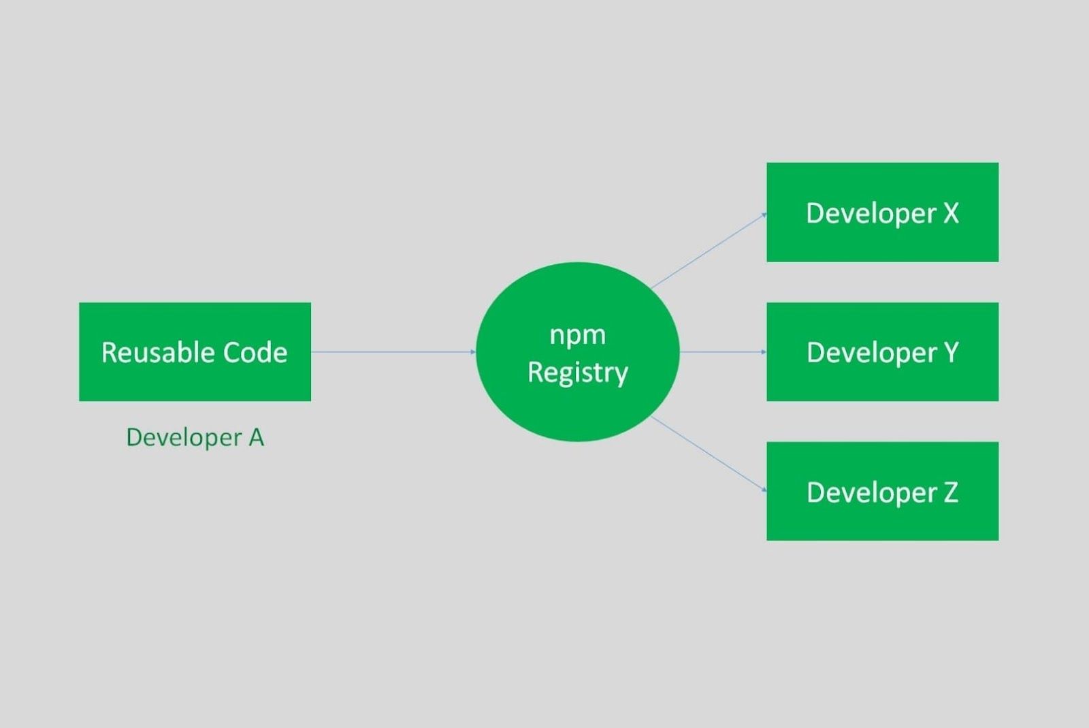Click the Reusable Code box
click(195, 351)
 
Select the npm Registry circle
click(578, 351)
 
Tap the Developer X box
click(882, 212)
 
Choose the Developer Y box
click(882, 351)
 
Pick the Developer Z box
click(882, 491)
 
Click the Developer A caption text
click(195, 437)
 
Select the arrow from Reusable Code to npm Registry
click(393, 351)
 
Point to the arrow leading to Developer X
click(709, 251)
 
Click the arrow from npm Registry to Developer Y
click(723, 351)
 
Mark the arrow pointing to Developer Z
click(709, 454)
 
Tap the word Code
click(255, 352)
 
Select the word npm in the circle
click(578, 336)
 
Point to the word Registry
click(578, 373)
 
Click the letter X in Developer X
click(951, 213)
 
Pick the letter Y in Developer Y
click(951, 352)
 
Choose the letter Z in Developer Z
click(951, 492)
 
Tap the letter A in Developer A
click(256, 437)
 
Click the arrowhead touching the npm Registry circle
click(473, 351)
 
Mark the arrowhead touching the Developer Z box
click(764, 489)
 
